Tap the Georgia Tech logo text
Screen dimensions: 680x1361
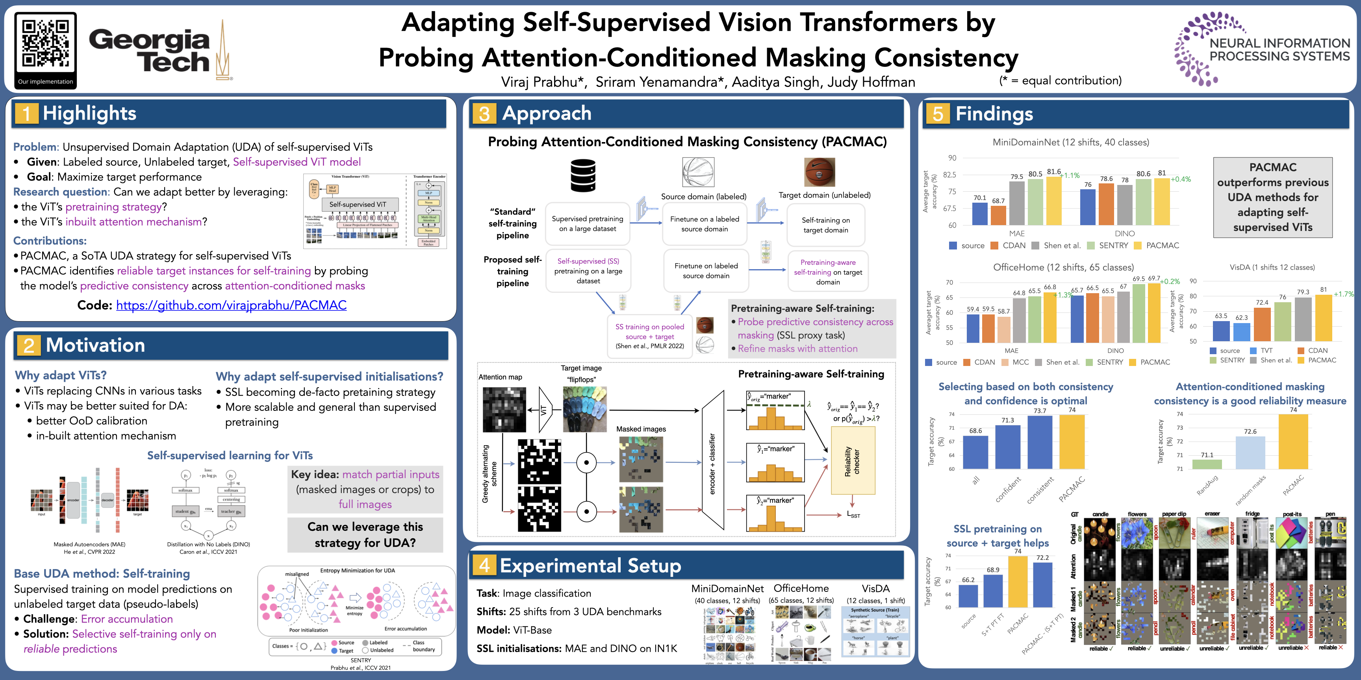click(x=150, y=51)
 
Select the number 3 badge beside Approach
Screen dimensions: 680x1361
click(x=484, y=113)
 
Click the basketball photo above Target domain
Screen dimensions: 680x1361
click(x=820, y=172)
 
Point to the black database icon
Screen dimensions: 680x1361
click(x=583, y=176)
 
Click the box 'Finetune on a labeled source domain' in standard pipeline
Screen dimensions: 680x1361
click(x=704, y=224)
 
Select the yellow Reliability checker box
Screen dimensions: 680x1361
click(x=853, y=460)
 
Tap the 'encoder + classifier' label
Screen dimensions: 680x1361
click(x=712, y=464)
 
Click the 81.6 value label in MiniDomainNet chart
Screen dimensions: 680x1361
click(x=1053, y=172)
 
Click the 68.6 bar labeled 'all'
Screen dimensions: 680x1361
click(x=975, y=452)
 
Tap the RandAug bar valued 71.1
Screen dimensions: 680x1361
click(x=1207, y=464)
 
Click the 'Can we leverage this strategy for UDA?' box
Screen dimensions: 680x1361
click(x=365, y=535)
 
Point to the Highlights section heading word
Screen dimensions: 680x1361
click(x=89, y=113)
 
